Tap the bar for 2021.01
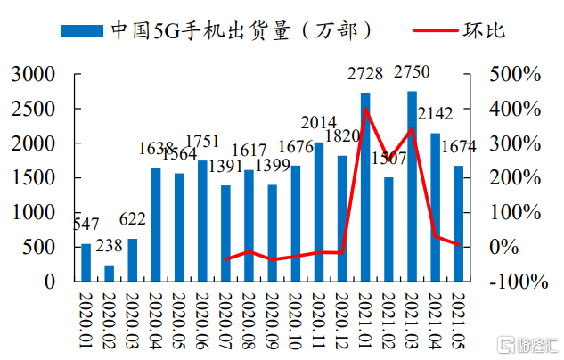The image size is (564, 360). coord(365,186)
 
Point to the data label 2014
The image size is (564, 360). coord(318,122)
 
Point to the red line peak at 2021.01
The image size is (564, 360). coord(365,110)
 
